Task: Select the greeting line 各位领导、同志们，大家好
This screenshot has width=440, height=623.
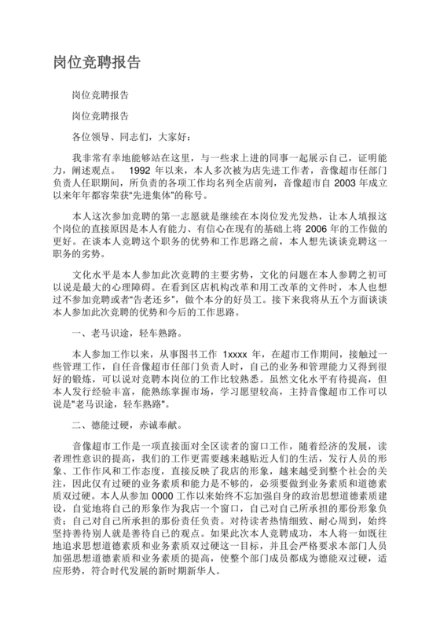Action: (125, 136)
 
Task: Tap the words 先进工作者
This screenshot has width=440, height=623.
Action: (272, 169)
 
